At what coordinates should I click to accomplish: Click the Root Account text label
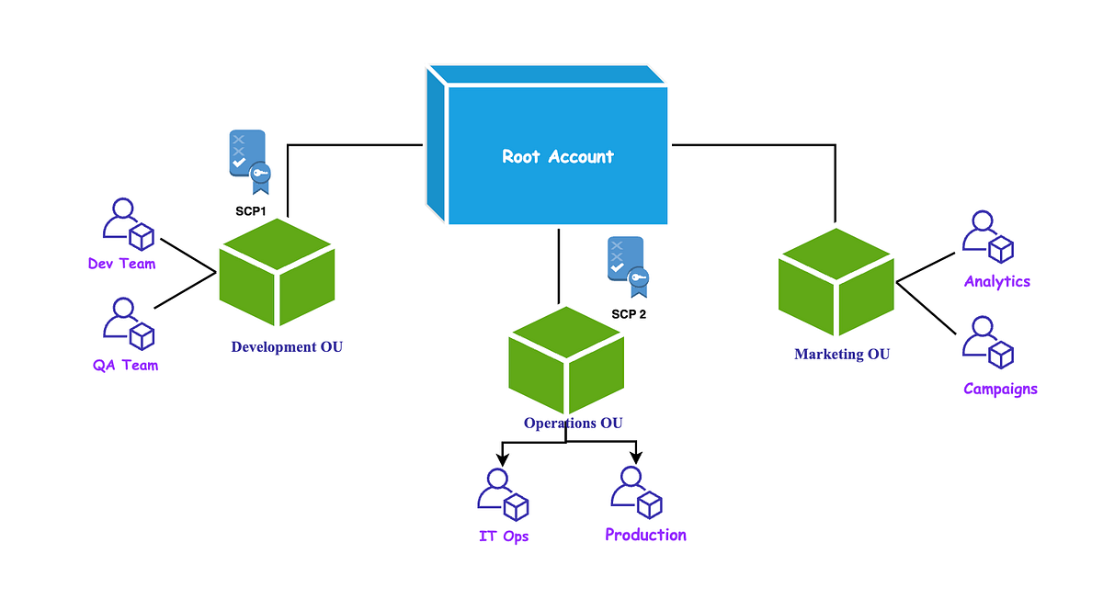tap(557, 156)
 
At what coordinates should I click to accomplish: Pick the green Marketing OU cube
tap(836, 283)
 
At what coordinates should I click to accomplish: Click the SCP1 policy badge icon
tap(247, 163)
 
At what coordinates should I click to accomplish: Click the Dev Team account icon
tap(128, 225)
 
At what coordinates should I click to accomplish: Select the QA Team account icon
tap(128, 324)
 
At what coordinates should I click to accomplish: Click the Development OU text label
tap(287, 347)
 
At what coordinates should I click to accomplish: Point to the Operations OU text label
tap(573, 424)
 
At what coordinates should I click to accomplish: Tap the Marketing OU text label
tap(842, 355)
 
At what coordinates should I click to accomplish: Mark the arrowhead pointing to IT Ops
tap(502, 457)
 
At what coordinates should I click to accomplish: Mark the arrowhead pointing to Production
tap(635, 456)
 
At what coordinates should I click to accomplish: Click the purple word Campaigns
tap(1000, 390)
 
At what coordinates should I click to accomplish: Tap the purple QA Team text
tap(125, 366)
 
